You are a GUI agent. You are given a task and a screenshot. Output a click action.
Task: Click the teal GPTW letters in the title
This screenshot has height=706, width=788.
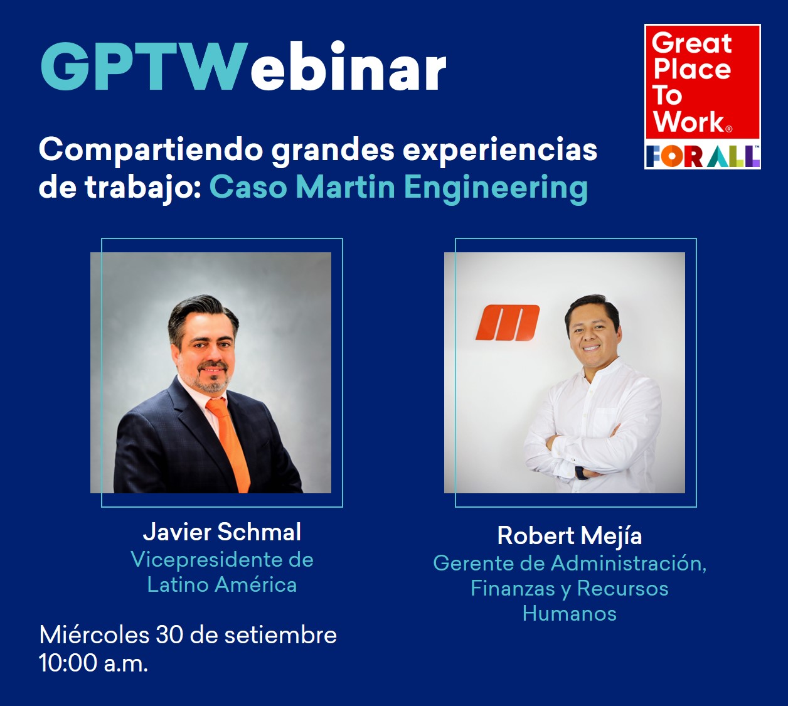click(x=144, y=66)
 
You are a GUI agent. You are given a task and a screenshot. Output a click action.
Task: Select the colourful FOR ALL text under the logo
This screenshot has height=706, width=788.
click(x=703, y=156)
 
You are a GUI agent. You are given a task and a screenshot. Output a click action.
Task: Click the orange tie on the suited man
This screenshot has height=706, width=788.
click(x=230, y=444)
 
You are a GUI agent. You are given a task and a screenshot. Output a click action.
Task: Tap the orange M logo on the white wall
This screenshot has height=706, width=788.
click(x=508, y=323)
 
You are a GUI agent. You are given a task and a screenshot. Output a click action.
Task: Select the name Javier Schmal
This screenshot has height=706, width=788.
click(x=222, y=532)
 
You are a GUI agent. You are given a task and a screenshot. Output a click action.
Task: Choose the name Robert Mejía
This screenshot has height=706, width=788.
click(x=570, y=537)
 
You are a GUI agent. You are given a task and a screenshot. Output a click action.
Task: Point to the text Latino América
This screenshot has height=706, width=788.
click(x=222, y=585)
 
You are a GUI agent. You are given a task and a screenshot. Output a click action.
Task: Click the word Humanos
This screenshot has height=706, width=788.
click(x=570, y=614)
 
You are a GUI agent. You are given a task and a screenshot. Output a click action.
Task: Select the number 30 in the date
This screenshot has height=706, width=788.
click(x=169, y=635)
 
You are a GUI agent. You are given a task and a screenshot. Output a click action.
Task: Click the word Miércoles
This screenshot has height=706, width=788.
click(x=94, y=635)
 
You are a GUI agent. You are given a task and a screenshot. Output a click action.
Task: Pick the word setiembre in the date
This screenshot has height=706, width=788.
click(x=280, y=635)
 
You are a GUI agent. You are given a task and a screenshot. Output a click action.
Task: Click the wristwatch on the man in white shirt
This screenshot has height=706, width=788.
click(x=580, y=473)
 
